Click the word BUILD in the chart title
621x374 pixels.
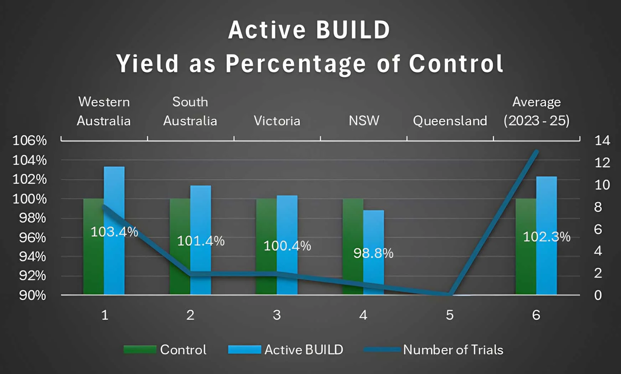pos(353,30)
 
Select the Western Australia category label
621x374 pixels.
pos(104,111)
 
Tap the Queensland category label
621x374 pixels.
pos(450,121)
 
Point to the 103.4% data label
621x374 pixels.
pos(114,232)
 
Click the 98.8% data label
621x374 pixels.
pos(373,253)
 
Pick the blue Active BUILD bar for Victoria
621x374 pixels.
pos(287,221)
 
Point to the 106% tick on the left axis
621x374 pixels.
pos(30,140)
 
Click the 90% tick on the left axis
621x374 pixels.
pos(32,295)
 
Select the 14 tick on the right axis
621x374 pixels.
pos(602,140)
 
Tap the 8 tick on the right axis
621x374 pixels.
pos(598,207)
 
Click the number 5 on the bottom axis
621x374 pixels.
pos(450,315)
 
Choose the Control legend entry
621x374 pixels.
pos(165,350)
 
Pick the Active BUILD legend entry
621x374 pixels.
pos(286,350)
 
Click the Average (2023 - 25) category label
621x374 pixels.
pos(536,111)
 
